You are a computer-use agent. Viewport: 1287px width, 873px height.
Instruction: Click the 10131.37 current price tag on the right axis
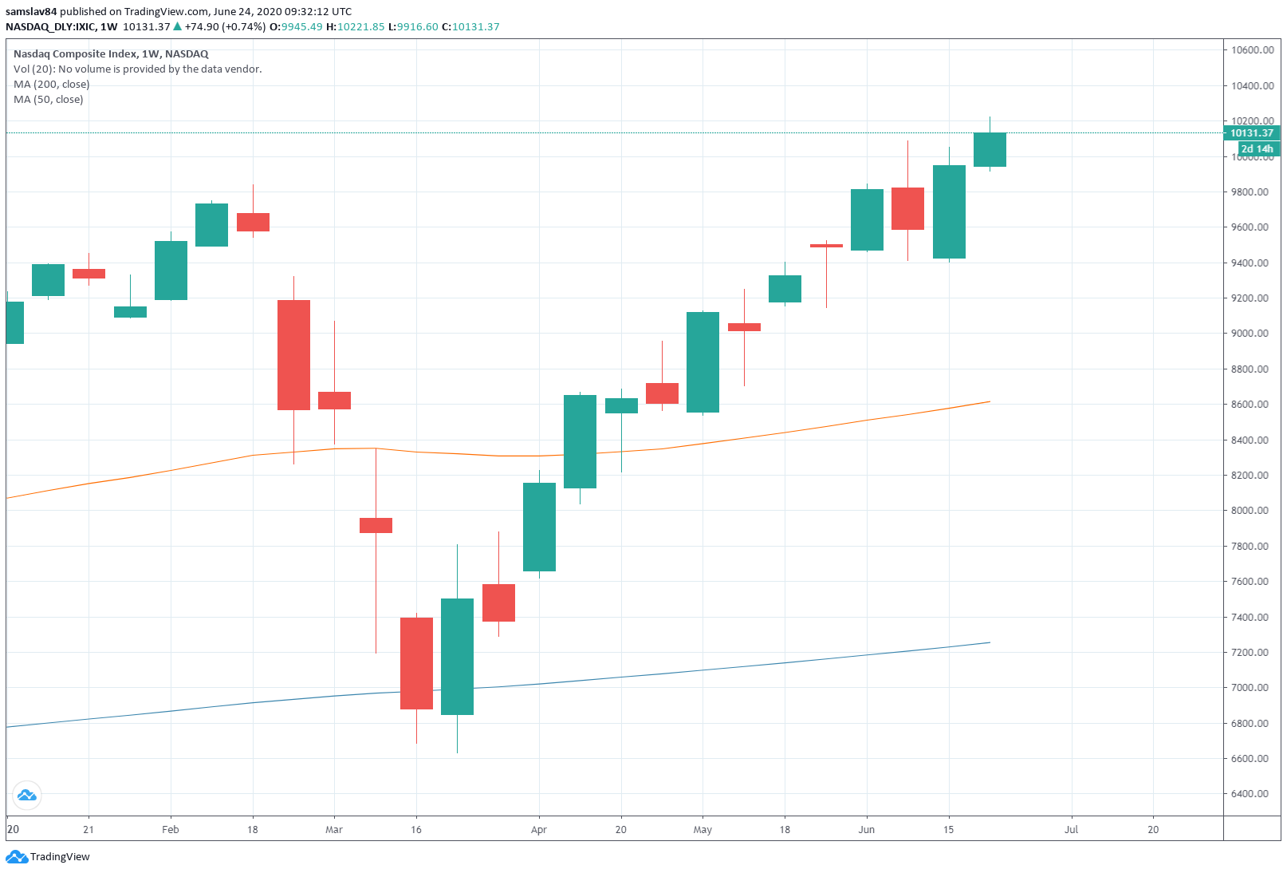(x=1251, y=133)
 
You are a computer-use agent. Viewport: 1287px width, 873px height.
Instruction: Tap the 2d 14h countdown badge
(x=1257, y=148)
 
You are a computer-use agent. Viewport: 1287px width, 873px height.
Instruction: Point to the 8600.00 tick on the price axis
(x=1249, y=405)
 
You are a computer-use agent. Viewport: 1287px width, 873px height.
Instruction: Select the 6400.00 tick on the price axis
(x=1249, y=794)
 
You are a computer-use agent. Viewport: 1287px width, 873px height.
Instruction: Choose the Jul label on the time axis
(x=1071, y=830)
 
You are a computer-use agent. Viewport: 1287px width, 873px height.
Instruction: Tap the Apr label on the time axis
(x=539, y=830)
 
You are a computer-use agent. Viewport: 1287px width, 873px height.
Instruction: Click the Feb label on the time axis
(x=171, y=830)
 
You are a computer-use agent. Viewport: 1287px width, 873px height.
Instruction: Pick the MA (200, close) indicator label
(x=52, y=85)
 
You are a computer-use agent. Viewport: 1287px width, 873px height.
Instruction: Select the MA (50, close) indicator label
(x=49, y=100)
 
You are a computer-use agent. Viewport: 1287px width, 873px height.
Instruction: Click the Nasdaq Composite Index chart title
(x=111, y=54)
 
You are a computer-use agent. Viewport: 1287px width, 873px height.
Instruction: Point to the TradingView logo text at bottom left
(x=59, y=857)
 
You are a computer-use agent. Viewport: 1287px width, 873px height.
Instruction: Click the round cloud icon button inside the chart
(x=26, y=795)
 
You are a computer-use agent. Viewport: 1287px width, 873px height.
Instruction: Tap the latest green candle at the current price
(x=990, y=149)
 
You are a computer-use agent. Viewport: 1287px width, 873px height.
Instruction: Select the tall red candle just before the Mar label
(x=293, y=355)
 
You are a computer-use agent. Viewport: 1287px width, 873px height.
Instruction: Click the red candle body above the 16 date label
(x=416, y=663)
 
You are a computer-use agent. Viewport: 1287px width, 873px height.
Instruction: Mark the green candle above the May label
(x=703, y=362)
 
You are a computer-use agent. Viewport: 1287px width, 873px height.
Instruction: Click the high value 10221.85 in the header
(x=360, y=27)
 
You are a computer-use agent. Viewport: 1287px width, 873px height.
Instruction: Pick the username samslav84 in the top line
(x=31, y=12)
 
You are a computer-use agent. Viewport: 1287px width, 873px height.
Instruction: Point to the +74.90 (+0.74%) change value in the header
(x=225, y=27)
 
